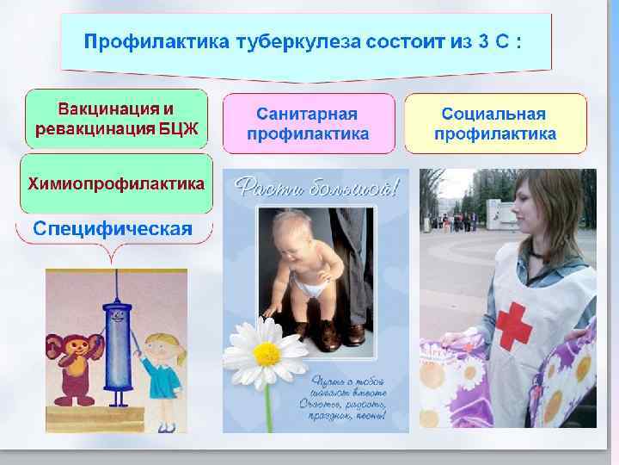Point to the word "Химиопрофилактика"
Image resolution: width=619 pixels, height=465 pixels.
116,183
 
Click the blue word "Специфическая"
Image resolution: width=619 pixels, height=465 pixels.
112,228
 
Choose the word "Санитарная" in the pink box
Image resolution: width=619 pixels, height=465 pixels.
307,114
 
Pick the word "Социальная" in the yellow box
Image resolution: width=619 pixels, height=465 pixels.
493,114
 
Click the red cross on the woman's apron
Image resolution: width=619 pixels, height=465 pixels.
514,325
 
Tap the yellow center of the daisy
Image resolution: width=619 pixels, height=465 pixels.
267,353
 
